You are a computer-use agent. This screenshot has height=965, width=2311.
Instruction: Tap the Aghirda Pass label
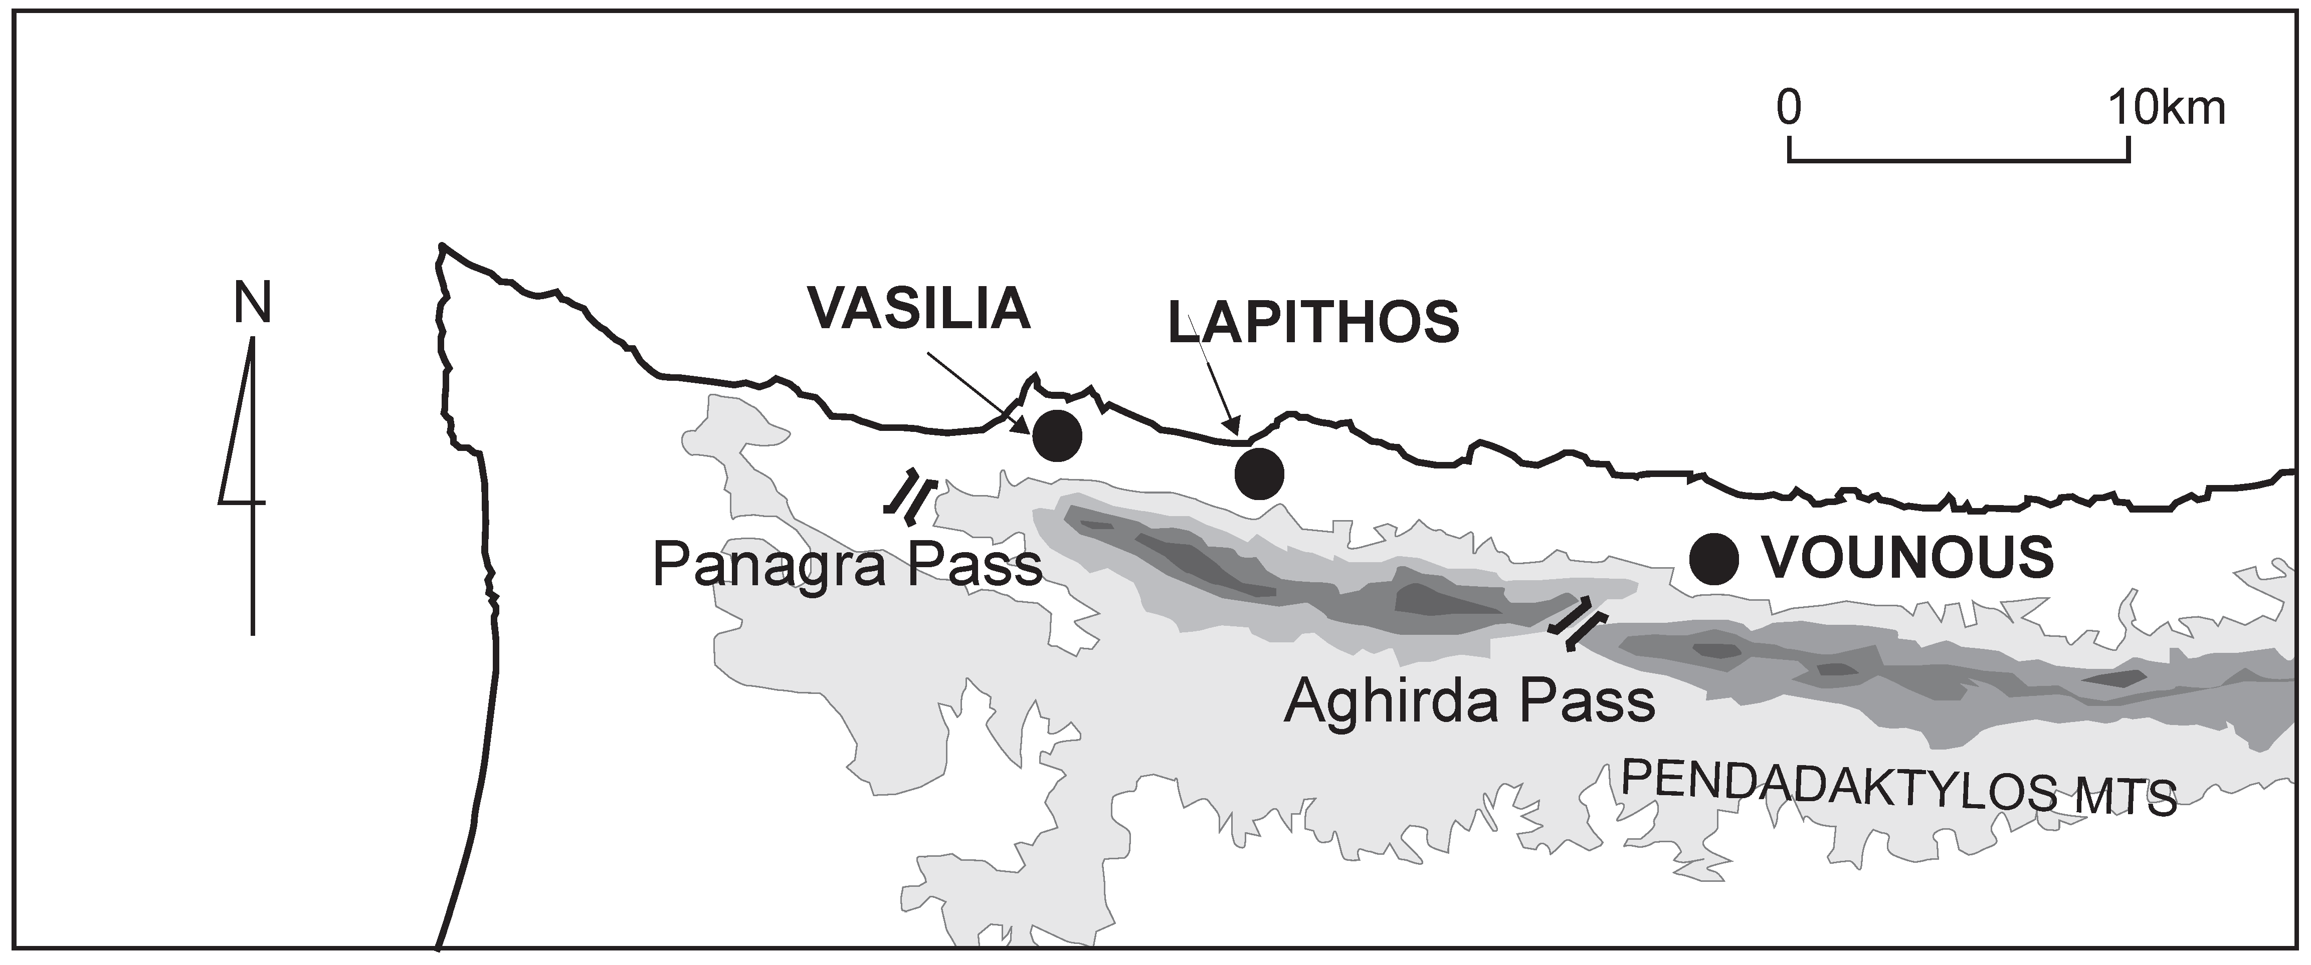[1469, 701]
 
